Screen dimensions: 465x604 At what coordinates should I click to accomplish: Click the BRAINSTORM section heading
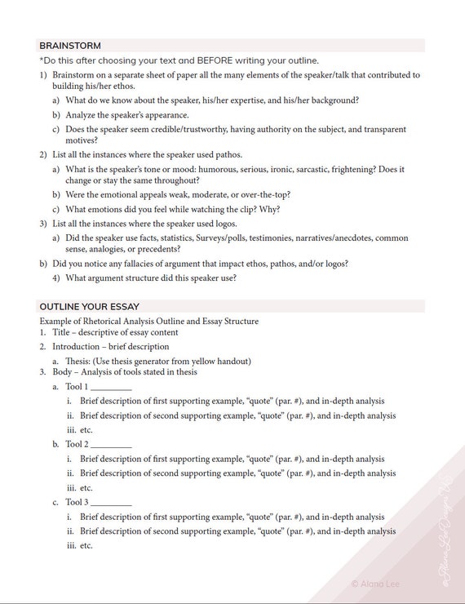70,46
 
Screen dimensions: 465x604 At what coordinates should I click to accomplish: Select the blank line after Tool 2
111,444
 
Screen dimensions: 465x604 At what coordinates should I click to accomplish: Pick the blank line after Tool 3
111,502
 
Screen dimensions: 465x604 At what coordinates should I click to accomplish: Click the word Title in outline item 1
62,333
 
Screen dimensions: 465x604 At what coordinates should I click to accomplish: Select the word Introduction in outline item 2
81,347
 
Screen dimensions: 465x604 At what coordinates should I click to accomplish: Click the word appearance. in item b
166,115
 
